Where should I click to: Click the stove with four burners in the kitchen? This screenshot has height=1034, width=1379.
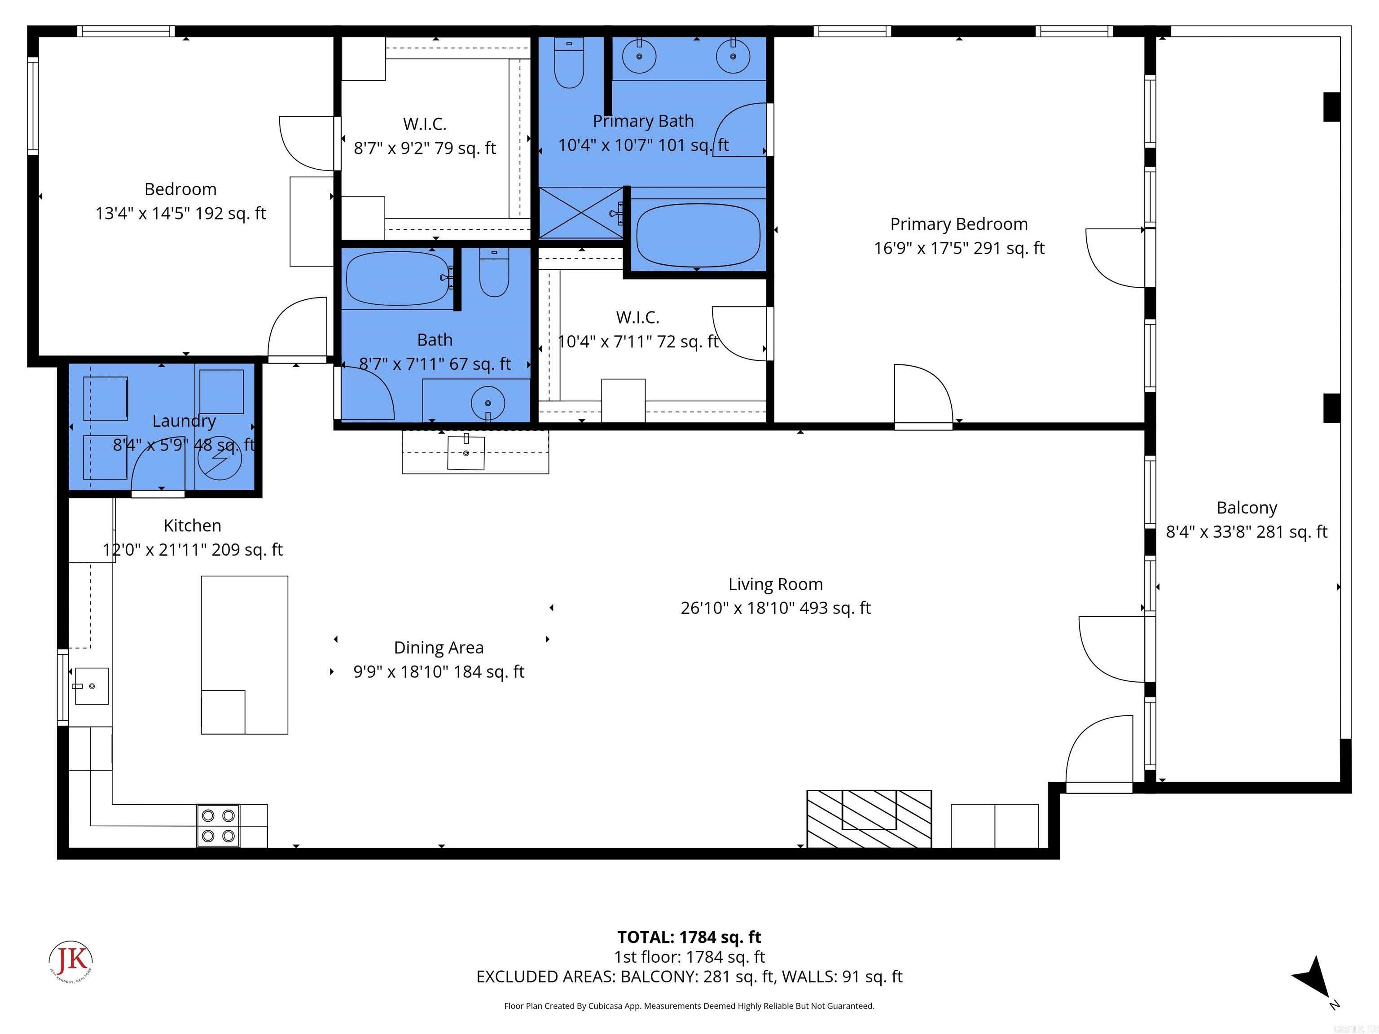point(218,825)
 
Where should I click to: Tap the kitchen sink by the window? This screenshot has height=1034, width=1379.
point(92,686)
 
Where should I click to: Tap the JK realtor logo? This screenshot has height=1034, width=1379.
point(71,960)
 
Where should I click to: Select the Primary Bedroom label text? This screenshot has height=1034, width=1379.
point(958,224)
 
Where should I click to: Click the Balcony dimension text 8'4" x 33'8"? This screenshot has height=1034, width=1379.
point(1246,532)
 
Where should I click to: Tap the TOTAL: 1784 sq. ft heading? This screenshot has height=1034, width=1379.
point(689,937)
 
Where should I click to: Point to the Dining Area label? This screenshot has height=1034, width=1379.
point(438,648)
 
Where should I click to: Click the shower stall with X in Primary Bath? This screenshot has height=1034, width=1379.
point(580,213)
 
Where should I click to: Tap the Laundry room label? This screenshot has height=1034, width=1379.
point(184,421)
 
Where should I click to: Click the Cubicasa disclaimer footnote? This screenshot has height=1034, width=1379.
point(689,1005)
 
